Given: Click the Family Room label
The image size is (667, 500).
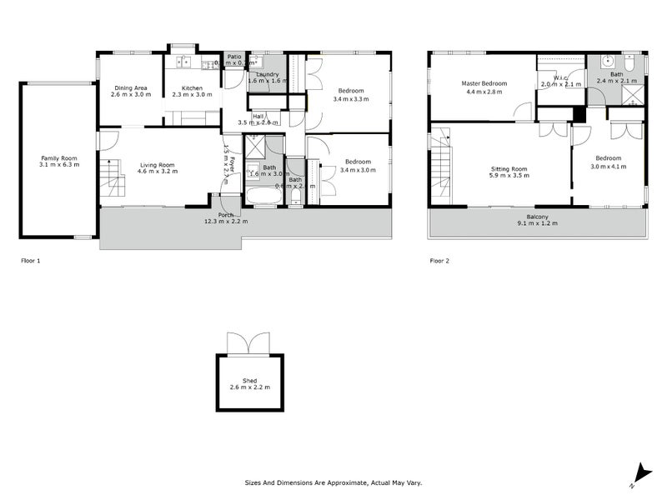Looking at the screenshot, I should pos(58,157).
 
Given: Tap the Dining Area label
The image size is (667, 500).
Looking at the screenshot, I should pos(131,87).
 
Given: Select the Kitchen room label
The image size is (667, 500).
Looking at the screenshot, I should pos(193,87).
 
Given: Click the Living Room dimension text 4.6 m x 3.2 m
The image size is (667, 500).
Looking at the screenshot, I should pos(157,171).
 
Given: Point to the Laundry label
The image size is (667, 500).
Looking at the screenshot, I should pos(268,74).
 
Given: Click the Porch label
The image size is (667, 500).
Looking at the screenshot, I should pos(226,215).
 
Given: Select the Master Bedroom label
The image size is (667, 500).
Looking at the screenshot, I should pos(484,83).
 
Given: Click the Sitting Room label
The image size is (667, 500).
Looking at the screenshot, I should pos(509,169).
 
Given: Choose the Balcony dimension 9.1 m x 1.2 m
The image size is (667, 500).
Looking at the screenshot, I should pos(537,223).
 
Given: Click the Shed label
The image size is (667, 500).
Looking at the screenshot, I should pos(250,381).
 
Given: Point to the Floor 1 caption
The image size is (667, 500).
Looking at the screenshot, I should pos(30,261).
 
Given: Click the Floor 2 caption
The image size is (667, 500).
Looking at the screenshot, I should pos(439,261).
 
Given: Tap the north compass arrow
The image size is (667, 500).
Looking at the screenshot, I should pos(640,472).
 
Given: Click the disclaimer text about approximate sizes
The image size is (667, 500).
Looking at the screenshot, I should pos(333,482).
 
